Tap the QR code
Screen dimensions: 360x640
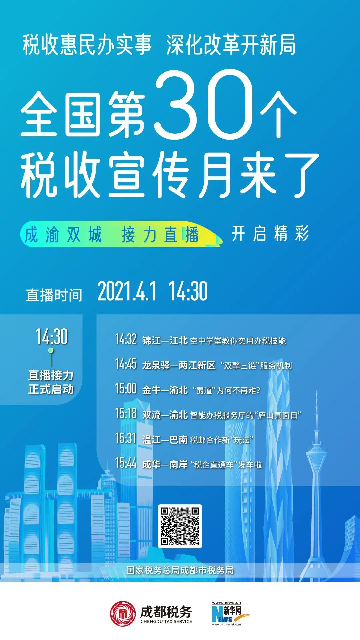(x=180, y=526)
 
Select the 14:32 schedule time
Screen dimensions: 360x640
(x=126, y=339)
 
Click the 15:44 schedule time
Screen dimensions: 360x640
(x=126, y=463)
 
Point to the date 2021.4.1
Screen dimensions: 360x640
(x=127, y=291)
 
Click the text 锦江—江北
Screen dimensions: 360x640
(x=165, y=340)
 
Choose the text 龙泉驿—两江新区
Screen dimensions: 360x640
(x=179, y=365)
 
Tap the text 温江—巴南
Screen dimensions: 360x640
(x=165, y=440)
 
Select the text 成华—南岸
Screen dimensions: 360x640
(x=165, y=464)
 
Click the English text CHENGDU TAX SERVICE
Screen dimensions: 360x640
(x=166, y=621)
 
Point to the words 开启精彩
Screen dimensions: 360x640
(x=270, y=233)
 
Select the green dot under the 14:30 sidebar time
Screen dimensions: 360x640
(x=51, y=350)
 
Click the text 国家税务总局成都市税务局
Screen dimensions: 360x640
(x=180, y=570)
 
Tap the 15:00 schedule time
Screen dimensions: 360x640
(x=126, y=389)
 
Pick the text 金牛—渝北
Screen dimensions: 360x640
(x=165, y=390)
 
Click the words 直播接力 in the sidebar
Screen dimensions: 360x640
(x=51, y=375)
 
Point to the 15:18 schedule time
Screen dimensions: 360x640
(x=126, y=413)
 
